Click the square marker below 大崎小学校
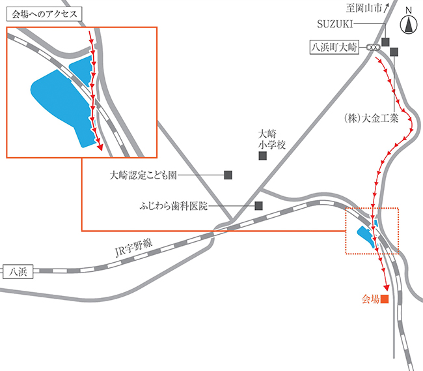click(263, 156)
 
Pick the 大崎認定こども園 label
click(143, 175)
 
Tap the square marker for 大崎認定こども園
click(228, 175)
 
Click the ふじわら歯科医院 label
click(173, 205)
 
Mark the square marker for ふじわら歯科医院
click(258, 205)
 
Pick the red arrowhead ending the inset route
click(101, 147)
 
